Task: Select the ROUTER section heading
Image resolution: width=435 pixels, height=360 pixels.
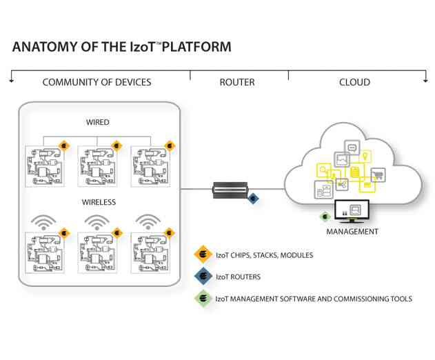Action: [236, 82]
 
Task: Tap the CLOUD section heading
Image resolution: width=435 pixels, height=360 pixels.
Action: [354, 82]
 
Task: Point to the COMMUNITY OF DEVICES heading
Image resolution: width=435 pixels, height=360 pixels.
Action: [97, 82]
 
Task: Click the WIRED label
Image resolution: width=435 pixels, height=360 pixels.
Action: [97, 122]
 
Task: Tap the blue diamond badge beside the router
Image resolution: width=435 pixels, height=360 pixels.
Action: [254, 199]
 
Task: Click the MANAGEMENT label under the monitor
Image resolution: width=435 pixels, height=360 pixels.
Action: [352, 232]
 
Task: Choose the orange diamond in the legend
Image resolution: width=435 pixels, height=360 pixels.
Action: [203, 255]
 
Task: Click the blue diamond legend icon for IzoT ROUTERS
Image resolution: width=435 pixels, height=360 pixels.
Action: [203, 277]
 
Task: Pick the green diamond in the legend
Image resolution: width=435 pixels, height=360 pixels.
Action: [203, 299]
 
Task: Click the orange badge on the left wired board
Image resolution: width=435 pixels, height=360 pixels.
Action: [63, 146]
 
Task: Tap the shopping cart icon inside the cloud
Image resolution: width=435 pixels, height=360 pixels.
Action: [378, 174]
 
